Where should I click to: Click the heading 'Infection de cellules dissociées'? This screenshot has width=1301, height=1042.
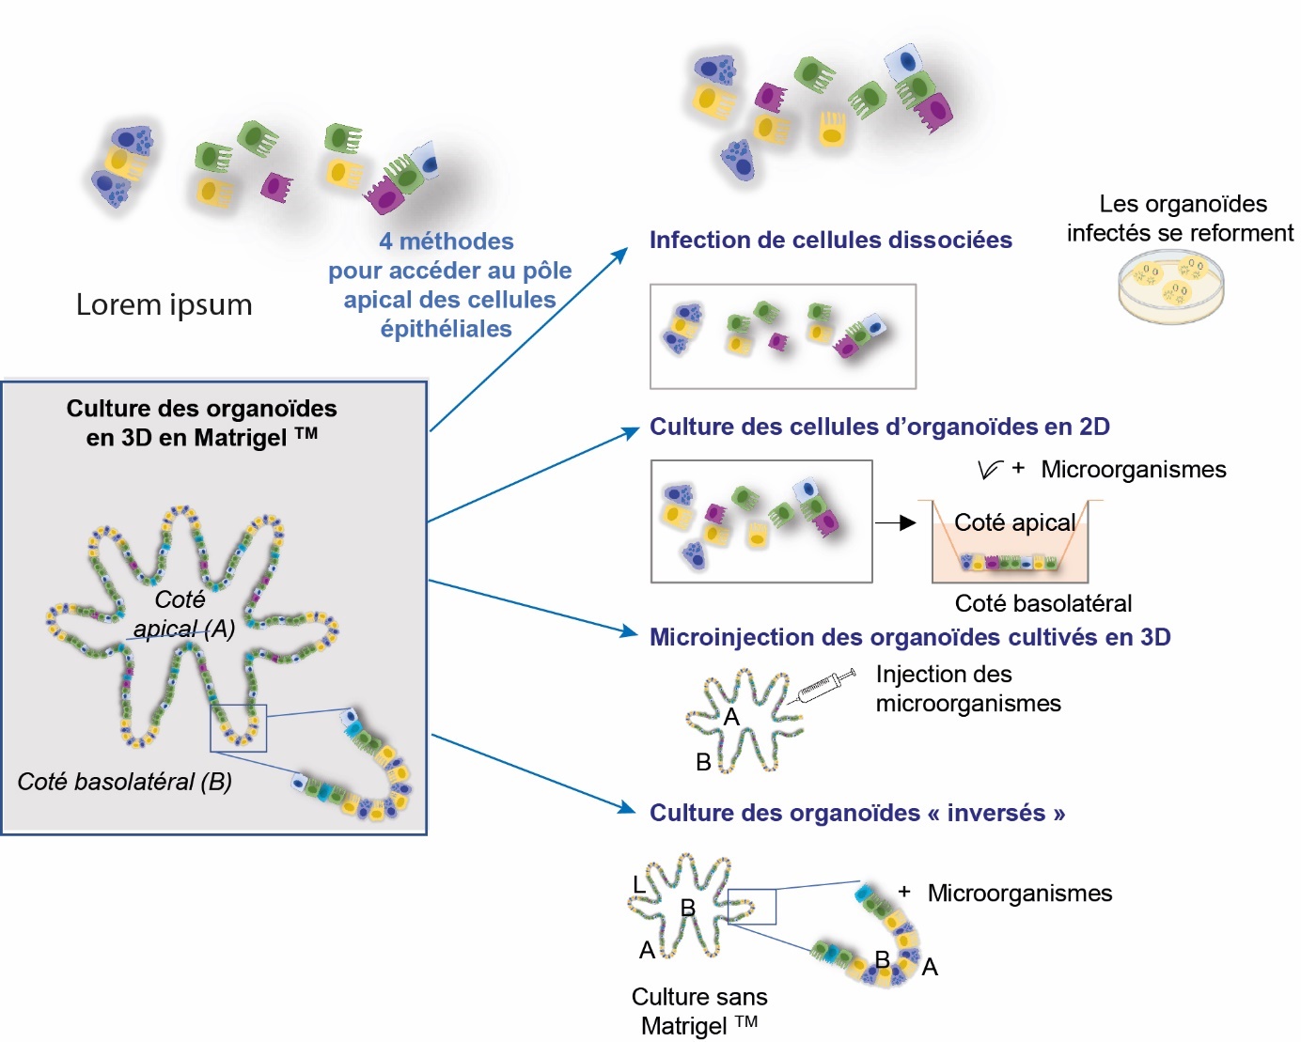(830, 241)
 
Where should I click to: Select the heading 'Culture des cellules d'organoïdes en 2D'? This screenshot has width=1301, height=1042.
(879, 427)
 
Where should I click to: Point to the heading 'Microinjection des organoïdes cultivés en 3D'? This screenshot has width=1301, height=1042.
(909, 637)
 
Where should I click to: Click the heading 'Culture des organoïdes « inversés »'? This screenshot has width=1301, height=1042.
(856, 813)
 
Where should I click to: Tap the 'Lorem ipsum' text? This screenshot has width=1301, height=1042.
(164, 304)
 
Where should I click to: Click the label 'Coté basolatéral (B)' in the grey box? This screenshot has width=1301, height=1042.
(125, 782)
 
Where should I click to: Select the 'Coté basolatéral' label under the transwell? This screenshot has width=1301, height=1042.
(1042, 603)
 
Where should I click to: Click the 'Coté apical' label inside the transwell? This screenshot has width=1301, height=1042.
(1013, 522)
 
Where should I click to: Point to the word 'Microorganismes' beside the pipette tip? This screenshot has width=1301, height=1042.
(1133, 470)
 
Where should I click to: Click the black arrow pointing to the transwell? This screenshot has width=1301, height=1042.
(895, 522)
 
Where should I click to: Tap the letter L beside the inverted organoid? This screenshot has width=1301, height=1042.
(639, 884)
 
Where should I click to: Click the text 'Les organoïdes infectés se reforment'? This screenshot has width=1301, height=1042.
(1181, 218)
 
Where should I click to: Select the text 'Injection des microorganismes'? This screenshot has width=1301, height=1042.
(967, 689)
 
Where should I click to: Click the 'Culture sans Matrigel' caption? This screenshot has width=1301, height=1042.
(699, 1011)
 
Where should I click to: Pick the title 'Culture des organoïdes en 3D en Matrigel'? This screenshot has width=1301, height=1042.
(201, 423)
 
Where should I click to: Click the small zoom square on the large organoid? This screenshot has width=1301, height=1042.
(238, 728)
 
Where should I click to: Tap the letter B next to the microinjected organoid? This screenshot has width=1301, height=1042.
(703, 762)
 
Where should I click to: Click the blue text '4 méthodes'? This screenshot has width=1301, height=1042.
(447, 241)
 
